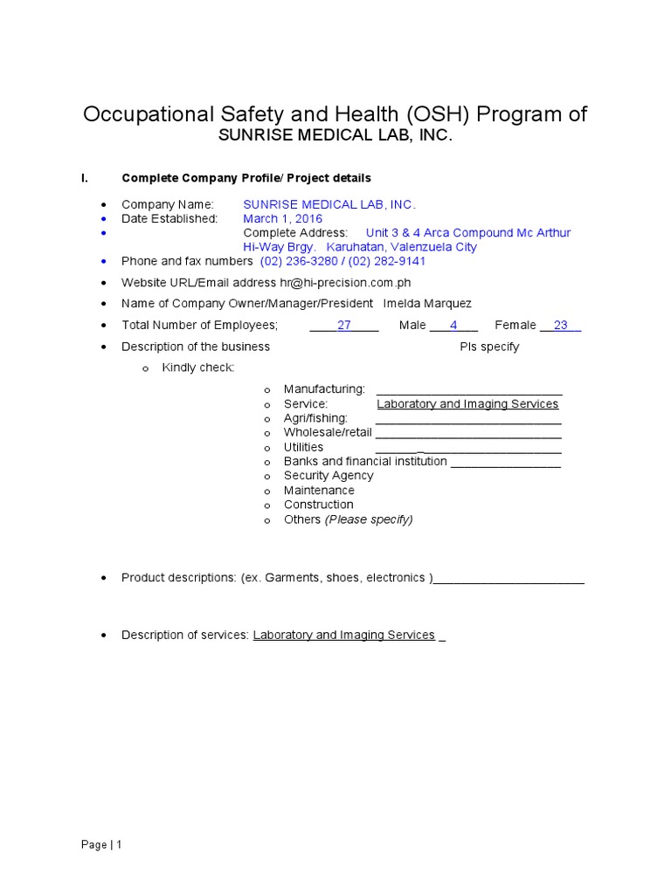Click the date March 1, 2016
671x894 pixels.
point(282,218)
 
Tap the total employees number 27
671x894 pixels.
point(344,325)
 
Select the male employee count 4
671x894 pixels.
point(453,325)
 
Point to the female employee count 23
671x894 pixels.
point(561,325)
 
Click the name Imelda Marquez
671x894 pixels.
point(427,303)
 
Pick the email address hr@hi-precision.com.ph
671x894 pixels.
point(345,282)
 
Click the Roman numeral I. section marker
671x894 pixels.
point(85,178)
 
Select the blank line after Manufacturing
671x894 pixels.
point(468,389)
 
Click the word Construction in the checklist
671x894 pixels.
point(318,505)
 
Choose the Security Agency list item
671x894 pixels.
point(328,476)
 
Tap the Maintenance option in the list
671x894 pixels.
point(319,491)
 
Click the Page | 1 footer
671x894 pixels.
point(101,844)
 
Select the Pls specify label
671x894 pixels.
point(489,347)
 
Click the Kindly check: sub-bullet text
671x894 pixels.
point(198,368)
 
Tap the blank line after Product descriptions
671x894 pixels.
point(509,578)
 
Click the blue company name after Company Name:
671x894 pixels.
point(329,204)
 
